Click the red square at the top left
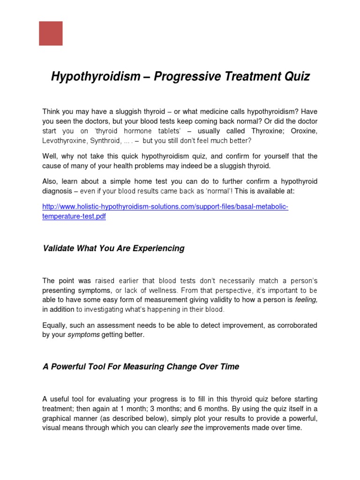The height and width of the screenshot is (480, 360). click(x=51, y=33)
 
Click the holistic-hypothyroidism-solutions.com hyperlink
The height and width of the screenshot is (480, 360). click(x=165, y=207)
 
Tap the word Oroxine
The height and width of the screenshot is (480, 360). click(x=304, y=131)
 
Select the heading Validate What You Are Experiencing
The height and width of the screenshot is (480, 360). click(x=113, y=248)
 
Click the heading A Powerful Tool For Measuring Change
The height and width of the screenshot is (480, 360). click(x=141, y=367)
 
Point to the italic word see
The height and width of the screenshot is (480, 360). click(x=186, y=427)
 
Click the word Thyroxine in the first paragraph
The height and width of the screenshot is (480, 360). click(x=267, y=131)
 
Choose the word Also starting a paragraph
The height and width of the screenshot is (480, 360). click(x=50, y=181)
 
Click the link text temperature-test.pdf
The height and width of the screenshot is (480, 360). click(x=74, y=217)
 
